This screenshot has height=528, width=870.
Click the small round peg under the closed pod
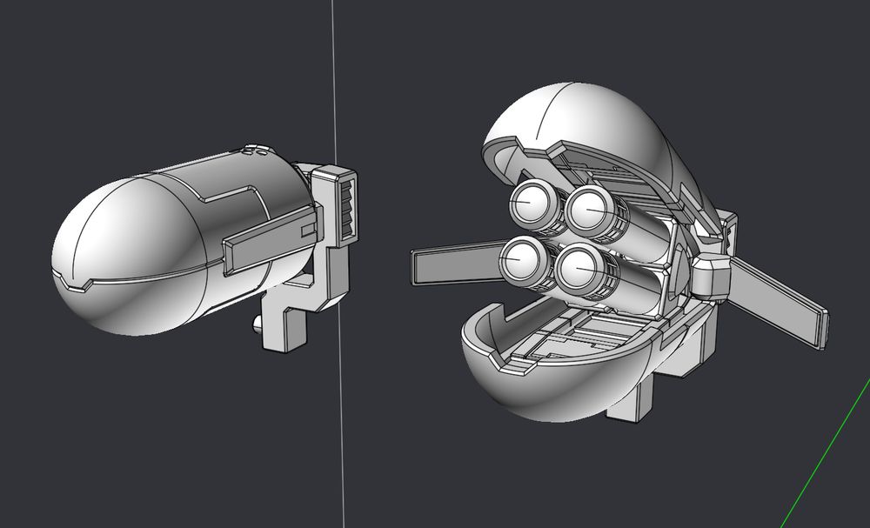(x=258, y=326)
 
